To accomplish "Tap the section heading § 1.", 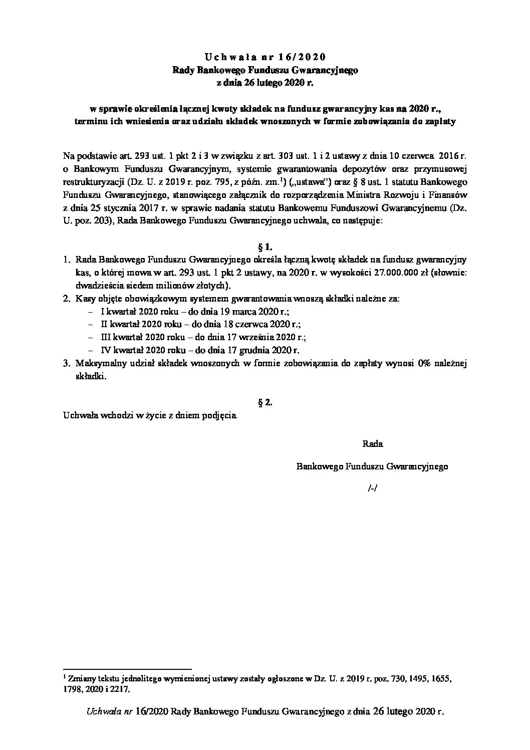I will (264, 246).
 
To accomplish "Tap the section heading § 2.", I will (264, 402).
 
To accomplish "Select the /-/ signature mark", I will (372, 488).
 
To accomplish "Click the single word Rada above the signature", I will (372, 443).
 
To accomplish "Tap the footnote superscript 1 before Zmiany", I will (65, 676).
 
